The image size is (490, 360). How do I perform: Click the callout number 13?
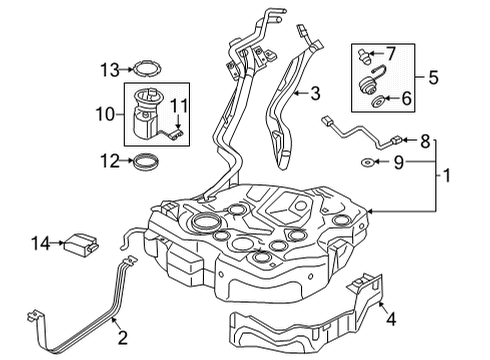point(110,70)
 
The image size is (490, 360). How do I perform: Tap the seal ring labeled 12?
point(145,161)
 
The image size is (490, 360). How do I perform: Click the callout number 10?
point(105,114)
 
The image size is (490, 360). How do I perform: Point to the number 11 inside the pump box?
point(179,106)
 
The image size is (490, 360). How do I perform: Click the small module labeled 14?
point(81,245)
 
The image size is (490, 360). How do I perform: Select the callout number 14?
point(41,243)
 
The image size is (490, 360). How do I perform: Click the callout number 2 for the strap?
point(123,337)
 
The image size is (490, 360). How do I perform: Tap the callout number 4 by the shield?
point(391,319)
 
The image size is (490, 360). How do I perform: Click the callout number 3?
point(315,93)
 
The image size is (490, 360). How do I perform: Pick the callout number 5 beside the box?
point(433,77)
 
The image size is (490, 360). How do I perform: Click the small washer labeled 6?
point(377,102)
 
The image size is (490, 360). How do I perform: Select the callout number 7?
point(390,53)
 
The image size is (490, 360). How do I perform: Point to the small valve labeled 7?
point(364,56)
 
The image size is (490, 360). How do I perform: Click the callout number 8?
point(425,141)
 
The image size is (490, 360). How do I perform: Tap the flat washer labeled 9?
point(367,162)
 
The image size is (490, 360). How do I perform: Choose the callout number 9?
point(399,162)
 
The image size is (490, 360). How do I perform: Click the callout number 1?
point(447,175)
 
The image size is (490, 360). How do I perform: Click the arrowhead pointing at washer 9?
point(377,162)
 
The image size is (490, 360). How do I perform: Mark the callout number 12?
point(110,161)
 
